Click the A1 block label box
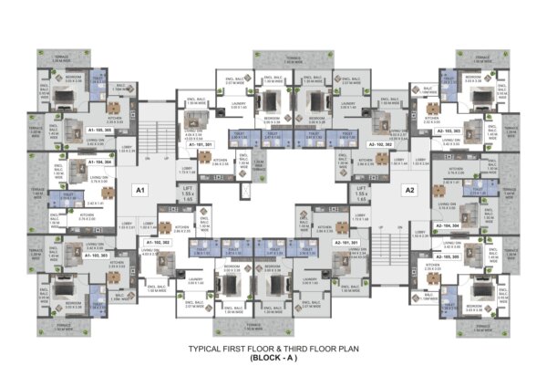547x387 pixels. tap(139, 191)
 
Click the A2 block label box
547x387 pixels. tap(409, 191)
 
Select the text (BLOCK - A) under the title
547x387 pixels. tap(273, 360)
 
